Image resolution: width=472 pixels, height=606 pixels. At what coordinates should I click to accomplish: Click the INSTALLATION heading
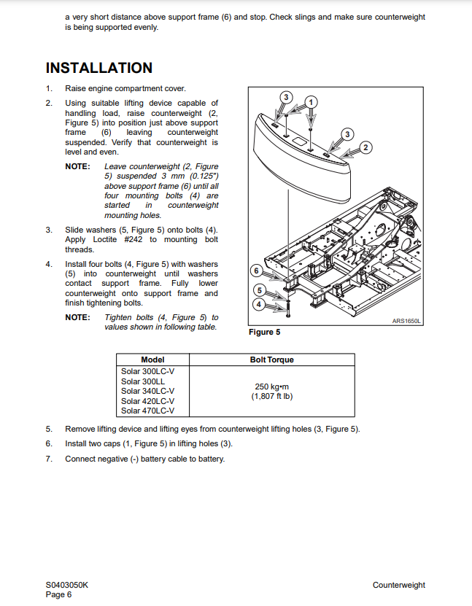(x=99, y=68)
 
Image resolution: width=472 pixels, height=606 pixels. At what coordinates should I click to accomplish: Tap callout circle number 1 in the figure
(x=312, y=102)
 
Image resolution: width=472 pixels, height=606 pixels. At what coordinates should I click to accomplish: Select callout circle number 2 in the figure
(x=365, y=147)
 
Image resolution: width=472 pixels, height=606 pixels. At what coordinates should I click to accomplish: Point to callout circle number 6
(x=256, y=271)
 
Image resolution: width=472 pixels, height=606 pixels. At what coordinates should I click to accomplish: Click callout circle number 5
(x=259, y=290)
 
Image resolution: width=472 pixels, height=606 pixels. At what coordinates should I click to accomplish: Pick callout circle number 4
(x=258, y=305)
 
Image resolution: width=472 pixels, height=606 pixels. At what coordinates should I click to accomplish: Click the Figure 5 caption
(x=264, y=332)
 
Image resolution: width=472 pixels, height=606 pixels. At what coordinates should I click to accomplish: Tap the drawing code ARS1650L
(x=406, y=321)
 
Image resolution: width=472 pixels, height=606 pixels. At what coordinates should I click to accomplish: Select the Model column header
(x=152, y=360)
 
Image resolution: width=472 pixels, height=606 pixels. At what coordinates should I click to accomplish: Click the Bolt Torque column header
(x=272, y=360)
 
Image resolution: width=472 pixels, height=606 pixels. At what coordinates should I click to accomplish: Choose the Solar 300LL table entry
(x=143, y=381)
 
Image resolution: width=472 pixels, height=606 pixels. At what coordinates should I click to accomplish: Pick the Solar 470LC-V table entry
(x=147, y=411)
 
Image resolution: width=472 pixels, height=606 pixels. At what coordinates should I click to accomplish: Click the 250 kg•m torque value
(x=272, y=386)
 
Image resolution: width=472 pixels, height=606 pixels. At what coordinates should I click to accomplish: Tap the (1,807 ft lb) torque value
(x=272, y=396)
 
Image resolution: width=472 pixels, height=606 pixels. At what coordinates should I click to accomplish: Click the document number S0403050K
(x=67, y=585)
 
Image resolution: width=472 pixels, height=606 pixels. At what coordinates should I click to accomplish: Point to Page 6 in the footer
(x=59, y=594)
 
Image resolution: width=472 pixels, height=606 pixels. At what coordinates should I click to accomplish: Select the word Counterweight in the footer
(x=399, y=585)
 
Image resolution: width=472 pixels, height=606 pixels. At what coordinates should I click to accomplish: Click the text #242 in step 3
(x=133, y=239)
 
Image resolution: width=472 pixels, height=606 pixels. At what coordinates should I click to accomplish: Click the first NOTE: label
(x=78, y=166)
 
